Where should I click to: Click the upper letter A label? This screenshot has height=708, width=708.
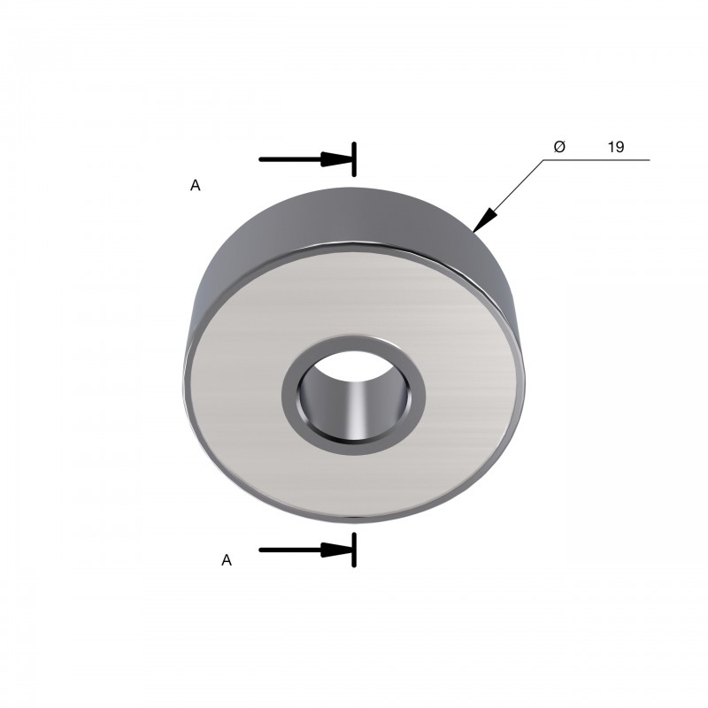[x=195, y=185]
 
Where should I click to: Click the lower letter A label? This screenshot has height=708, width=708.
[x=227, y=560]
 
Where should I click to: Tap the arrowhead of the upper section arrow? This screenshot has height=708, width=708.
[x=336, y=159]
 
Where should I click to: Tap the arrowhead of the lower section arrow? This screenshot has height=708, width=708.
[x=336, y=550]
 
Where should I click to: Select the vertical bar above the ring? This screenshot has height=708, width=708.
[x=355, y=159]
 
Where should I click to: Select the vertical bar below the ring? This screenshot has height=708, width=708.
[x=355, y=550]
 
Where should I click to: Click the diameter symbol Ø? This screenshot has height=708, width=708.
[x=559, y=147]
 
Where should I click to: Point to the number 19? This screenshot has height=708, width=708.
[x=616, y=147]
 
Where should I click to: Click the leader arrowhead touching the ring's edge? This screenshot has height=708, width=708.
[x=484, y=220]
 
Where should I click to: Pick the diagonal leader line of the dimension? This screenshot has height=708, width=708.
[x=508, y=196]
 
